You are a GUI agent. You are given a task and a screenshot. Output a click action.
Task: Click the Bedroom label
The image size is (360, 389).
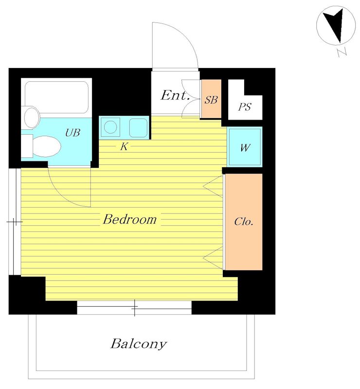tap(129, 219)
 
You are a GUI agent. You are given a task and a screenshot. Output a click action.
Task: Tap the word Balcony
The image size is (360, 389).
tap(139, 344)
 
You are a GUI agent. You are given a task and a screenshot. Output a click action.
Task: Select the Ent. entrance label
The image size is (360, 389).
tap(175, 95)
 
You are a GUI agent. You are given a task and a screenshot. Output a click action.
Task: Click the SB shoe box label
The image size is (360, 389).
tap(211, 100)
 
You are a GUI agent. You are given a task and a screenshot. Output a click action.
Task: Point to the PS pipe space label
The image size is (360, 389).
tap(245, 107)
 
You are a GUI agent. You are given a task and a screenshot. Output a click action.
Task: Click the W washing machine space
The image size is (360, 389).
tap(245, 147)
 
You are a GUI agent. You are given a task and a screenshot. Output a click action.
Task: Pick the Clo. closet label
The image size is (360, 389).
tap(244, 222)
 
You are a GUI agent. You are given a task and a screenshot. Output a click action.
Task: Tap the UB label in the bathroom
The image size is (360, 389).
tap(72, 133)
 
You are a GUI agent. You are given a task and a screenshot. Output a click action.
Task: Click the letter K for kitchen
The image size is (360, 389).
tap(124, 147)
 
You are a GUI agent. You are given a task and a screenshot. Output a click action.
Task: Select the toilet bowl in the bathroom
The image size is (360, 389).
tap(46, 146)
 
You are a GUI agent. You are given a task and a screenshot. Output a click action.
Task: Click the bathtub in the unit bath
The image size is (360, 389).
tap(57, 97)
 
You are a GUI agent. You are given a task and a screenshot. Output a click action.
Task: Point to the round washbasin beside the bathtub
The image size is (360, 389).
tap(32, 117)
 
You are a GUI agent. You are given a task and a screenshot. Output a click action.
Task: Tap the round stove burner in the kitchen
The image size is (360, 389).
tap(110, 127)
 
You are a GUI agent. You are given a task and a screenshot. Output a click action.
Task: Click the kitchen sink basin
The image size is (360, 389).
tap(138, 128)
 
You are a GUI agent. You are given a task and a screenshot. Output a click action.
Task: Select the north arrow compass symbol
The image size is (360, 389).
tap(336, 25)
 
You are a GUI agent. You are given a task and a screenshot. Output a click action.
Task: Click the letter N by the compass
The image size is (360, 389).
tap(342, 52)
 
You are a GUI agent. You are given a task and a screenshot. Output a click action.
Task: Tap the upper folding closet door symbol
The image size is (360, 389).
tap(213, 186)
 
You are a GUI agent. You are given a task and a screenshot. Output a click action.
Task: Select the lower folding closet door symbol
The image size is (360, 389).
tap(213, 258)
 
